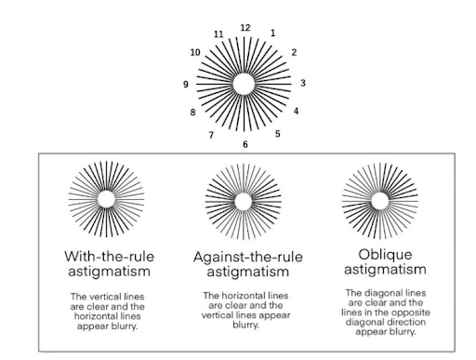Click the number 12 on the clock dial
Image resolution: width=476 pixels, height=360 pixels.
[x=245, y=28]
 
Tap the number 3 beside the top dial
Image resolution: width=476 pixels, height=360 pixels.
[x=303, y=83]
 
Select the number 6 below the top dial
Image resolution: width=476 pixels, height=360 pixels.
[x=245, y=144]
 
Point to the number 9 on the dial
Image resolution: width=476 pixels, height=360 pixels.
[x=186, y=85]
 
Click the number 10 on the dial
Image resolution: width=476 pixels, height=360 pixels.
[x=195, y=53]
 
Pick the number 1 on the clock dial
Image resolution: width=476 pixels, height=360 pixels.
[x=272, y=33]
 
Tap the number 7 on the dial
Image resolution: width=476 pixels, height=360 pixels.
[x=211, y=135]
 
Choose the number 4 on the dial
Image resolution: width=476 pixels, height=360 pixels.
[x=296, y=111]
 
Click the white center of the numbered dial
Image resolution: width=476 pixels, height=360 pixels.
[x=244, y=84]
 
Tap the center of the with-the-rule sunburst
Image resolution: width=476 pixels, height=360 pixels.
[x=106, y=199]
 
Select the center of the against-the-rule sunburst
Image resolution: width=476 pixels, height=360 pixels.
[x=244, y=202]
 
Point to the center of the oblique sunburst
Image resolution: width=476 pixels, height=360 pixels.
[x=380, y=201]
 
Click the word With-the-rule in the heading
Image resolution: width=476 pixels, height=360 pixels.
[x=110, y=257]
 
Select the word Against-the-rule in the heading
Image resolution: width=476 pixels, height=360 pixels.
[x=248, y=258]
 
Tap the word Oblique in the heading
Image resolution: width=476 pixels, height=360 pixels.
[x=385, y=255]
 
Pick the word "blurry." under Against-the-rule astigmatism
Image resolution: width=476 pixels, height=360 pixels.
[x=245, y=325]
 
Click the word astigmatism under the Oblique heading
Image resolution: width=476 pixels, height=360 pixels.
[x=385, y=270]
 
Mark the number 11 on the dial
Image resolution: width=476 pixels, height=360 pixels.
[x=218, y=34]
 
